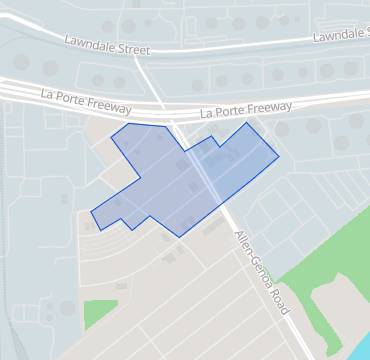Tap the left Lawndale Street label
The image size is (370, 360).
coord(106,45)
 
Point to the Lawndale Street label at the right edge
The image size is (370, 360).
coord(340,35)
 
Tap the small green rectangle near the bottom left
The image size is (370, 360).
coord(99,313)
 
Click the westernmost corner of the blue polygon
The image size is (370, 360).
coord(91,212)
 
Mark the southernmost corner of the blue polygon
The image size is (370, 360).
coord(179,237)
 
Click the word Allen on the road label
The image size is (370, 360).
coord(244,245)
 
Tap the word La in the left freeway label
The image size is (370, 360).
coord(47,92)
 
